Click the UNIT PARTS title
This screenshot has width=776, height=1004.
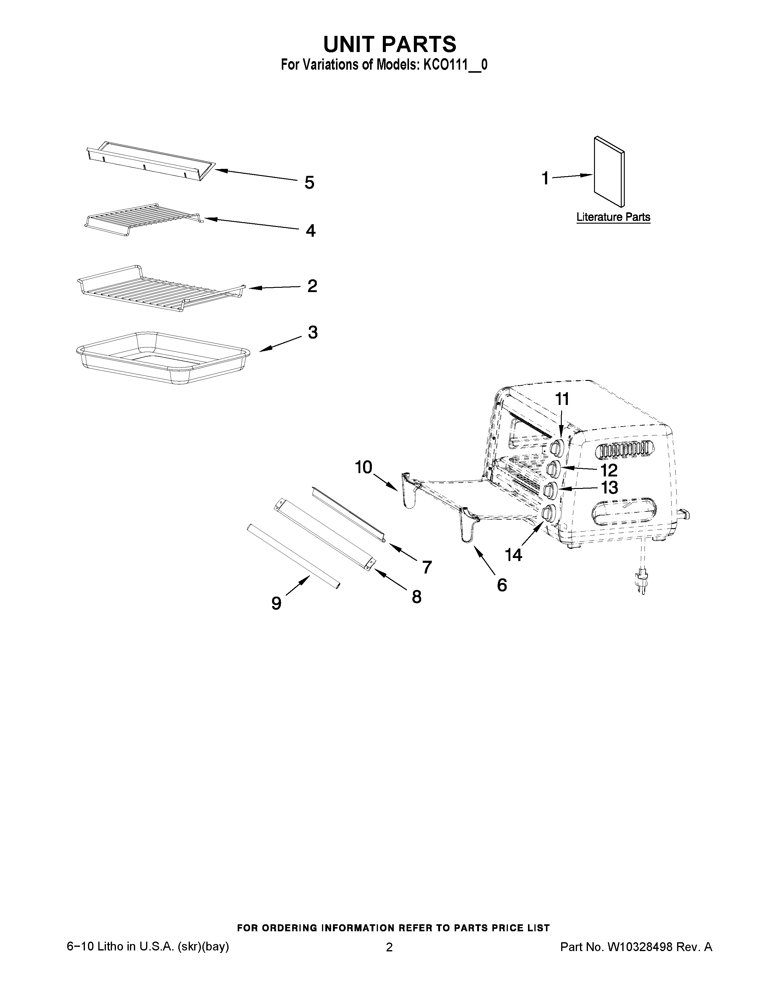pos(390,44)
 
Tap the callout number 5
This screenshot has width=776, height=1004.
pos(309,183)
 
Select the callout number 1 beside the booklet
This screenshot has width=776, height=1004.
pos(545,178)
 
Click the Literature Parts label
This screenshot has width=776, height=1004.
pos(613,217)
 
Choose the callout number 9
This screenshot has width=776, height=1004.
pos(276,603)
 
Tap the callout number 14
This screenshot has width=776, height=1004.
pos(513,555)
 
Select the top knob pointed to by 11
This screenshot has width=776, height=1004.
pos(557,446)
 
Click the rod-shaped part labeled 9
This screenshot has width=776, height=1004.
pos(293,556)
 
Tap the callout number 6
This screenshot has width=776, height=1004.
pos(502,585)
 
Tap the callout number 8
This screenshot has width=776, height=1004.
pos(417,597)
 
